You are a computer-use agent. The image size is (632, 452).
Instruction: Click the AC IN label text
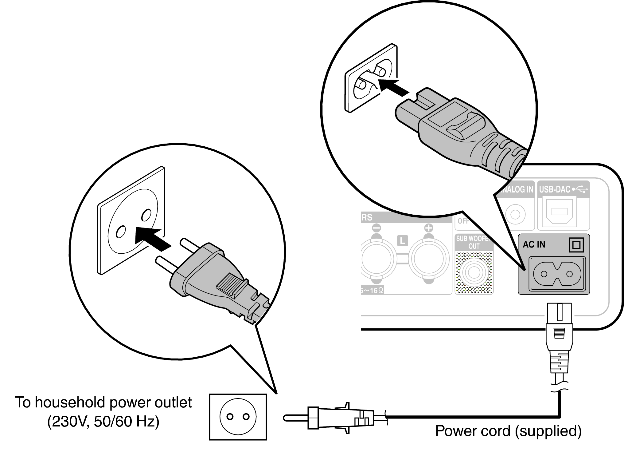tap(534, 244)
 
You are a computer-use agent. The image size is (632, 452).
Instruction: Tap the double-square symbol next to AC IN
tap(576, 245)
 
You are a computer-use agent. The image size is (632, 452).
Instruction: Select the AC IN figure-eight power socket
tap(556, 274)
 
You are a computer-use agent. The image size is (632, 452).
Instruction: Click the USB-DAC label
tap(554, 189)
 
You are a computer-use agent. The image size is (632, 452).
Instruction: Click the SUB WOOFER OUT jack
tap(474, 272)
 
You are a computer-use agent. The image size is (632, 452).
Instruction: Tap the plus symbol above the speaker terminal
tap(428, 228)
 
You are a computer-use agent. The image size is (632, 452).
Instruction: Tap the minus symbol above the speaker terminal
tap(376, 228)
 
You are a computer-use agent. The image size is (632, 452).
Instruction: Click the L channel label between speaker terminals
tap(402, 240)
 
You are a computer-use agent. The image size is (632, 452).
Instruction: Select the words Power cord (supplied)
tap(508, 431)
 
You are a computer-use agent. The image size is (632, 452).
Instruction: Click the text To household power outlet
tap(103, 402)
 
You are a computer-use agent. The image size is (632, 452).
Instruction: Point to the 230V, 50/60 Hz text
tap(103, 422)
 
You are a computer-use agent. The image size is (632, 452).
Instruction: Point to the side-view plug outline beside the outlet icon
tap(335, 418)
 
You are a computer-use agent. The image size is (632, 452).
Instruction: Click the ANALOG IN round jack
tap(515, 214)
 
